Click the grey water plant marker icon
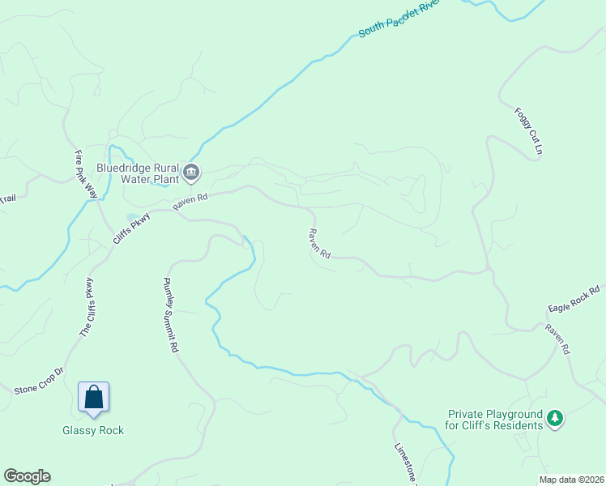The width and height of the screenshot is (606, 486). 192,171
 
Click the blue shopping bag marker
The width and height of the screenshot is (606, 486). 93,397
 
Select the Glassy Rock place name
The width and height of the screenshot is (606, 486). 93,430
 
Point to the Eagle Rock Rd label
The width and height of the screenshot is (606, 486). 574,299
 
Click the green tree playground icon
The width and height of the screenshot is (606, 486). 555,419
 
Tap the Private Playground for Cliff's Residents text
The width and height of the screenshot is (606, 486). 495,419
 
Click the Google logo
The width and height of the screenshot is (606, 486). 27,476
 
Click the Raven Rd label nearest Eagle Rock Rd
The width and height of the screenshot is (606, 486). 557,339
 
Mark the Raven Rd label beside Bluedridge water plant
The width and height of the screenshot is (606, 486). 190,202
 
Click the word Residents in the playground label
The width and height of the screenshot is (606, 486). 519,425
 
